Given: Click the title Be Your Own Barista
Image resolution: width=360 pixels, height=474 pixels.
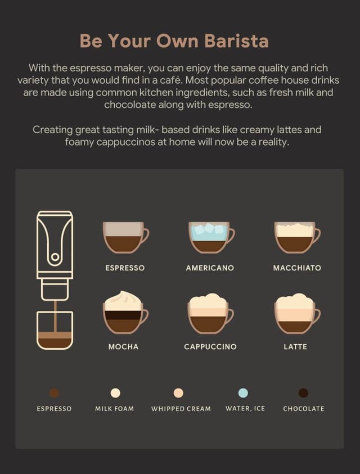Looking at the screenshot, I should (x=174, y=41).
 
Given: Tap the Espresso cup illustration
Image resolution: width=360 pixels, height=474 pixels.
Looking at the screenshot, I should (x=124, y=237).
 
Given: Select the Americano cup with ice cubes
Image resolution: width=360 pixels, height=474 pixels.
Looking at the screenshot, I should (x=209, y=237).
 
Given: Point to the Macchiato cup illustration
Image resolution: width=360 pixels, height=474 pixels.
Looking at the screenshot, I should (x=295, y=237).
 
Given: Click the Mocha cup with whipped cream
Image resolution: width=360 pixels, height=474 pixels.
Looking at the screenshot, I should (x=123, y=313).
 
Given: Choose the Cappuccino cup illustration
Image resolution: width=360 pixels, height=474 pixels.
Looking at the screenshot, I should (x=208, y=314).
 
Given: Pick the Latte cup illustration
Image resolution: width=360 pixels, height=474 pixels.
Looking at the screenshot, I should (x=295, y=314).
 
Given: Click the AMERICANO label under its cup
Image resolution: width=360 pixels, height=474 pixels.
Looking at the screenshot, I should (x=210, y=268).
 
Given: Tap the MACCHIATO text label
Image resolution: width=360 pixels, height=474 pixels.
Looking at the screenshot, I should (x=297, y=268).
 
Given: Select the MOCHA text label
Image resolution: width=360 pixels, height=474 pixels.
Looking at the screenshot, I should (x=123, y=347).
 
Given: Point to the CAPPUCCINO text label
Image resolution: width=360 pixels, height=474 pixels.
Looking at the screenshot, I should (x=210, y=347).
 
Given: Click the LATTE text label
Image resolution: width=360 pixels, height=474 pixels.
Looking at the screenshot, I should (x=295, y=347).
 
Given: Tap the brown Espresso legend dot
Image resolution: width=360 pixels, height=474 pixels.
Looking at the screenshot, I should (x=54, y=393).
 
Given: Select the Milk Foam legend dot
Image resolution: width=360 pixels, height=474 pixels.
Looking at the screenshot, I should (x=115, y=393).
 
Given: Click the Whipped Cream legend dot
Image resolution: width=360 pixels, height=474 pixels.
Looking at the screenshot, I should (x=178, y=393).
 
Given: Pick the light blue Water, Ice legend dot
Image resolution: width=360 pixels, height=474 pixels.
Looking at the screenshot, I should (x=243, y=393).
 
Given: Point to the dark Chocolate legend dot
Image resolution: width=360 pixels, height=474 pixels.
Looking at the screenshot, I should (x=303, y=393).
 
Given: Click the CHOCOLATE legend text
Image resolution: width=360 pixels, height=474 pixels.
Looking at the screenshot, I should (x=304, y=409).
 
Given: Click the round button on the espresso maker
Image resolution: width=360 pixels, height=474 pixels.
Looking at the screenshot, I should (x=55, y=257).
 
